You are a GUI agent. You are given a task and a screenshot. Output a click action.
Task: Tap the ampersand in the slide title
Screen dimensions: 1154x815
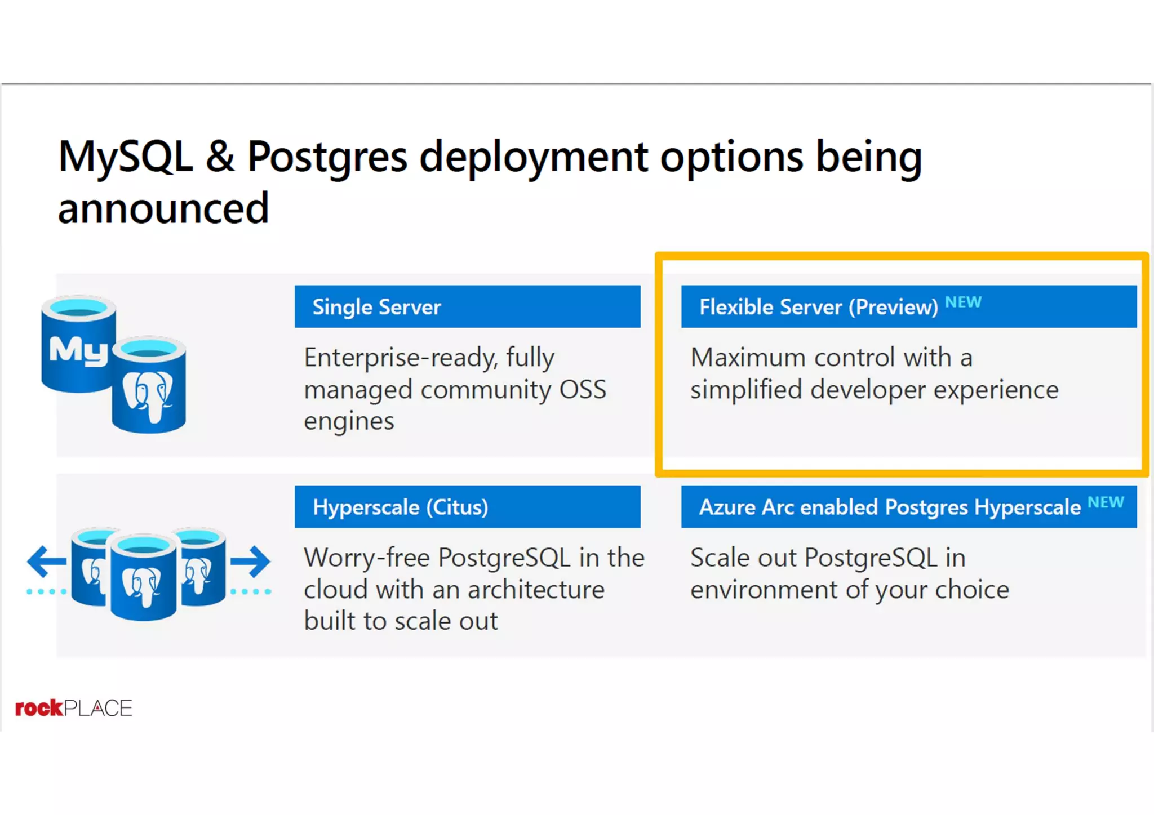click(220, 157)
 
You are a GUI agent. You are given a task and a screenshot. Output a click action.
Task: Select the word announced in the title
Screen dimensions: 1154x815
click(163, 209)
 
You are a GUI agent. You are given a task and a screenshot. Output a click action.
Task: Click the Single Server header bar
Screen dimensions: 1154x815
click(467, 306)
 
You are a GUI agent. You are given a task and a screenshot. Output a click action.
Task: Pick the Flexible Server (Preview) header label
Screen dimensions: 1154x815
click(818, 307)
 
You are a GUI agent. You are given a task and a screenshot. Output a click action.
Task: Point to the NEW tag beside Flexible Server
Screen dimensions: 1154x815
click(963, 302)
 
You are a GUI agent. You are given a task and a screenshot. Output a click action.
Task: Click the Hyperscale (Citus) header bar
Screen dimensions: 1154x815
click(467, 507)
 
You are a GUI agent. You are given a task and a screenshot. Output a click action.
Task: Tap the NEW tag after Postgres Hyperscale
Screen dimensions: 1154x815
click(1106, 502)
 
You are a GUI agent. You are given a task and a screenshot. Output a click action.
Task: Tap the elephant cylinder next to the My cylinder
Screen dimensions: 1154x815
click(149, 385)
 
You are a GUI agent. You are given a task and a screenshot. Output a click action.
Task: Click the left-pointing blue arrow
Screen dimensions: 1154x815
click(46, 561)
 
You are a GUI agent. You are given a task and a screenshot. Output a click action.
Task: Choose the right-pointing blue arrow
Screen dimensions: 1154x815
click(251, 561)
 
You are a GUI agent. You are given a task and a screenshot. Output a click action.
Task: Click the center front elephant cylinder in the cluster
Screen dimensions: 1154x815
click(143, 577)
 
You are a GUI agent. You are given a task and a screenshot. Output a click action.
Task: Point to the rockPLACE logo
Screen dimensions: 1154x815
click(73, 708)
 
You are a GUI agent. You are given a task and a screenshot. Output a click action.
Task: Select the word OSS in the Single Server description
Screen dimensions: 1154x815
click(583, 390)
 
